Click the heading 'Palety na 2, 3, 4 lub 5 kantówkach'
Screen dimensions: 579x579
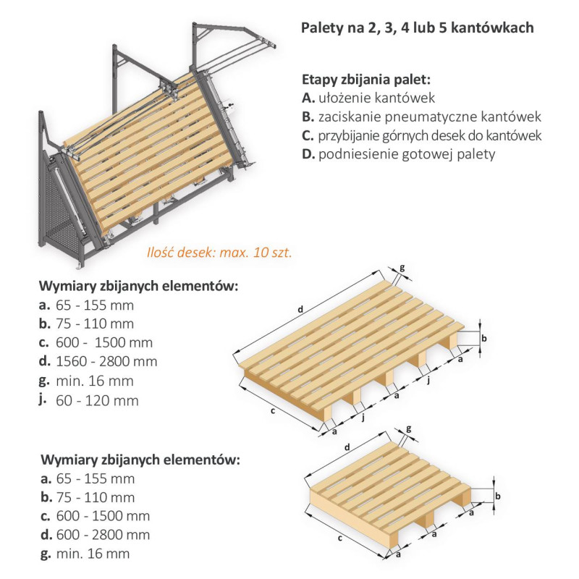click(417, 28)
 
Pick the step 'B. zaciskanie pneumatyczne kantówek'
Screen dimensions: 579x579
click(421, 117)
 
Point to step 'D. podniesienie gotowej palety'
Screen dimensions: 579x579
click(398, 154)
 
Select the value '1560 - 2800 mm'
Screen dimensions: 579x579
click(110, 361)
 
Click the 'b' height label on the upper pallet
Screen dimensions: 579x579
click(486, 338)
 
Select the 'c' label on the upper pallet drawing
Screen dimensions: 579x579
click(273, 411)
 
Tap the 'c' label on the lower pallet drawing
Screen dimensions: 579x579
click(339, 538)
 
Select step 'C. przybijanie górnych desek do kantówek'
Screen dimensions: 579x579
click(421, 135)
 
